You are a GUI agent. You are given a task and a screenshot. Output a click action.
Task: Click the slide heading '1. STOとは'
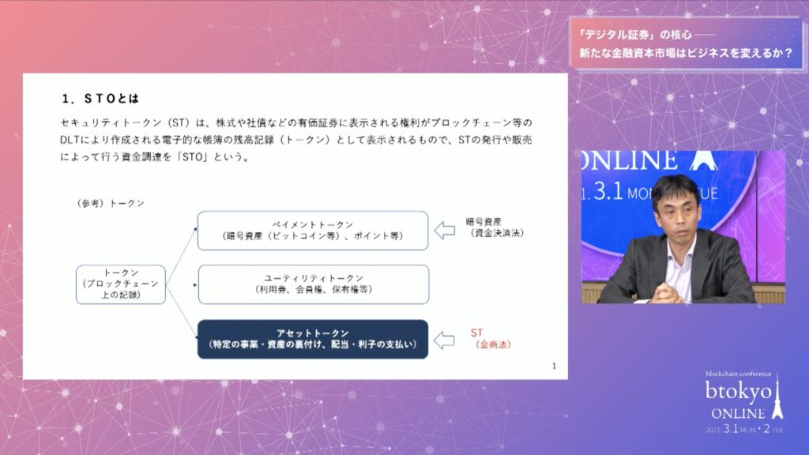tap(100, 99)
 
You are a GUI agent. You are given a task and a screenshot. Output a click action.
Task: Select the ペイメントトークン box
tap(313, 231)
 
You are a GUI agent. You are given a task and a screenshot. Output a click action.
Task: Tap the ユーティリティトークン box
tap(313, 284)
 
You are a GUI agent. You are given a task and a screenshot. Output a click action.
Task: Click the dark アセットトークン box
tap(313, 339)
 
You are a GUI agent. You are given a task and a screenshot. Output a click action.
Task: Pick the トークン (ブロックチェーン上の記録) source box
tap(121, 284)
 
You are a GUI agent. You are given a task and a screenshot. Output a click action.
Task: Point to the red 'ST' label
tap(476, 333)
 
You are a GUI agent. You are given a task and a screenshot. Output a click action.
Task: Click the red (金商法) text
tap(493, 344)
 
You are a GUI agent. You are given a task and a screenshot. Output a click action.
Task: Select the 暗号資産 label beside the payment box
tap(484, 222)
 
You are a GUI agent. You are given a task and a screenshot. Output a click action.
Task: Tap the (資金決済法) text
tap(497, 233)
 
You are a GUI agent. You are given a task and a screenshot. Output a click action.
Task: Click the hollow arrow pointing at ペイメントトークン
tap(444, 230)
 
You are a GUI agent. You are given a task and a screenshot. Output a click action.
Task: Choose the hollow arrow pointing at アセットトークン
tap(444, 340)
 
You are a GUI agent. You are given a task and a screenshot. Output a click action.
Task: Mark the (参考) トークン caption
tap(111, 203)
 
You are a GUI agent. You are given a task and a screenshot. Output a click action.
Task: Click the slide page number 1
tap(554, 367)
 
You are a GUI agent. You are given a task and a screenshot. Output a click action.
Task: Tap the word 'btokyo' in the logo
tap(739, 392)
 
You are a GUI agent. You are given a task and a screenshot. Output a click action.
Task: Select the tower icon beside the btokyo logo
tap(777, 397)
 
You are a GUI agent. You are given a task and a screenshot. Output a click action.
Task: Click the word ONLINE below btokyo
tap(738, 414)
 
